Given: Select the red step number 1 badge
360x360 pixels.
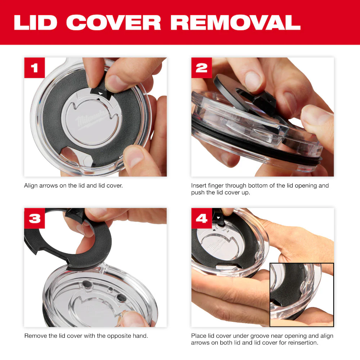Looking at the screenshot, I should [x=35, y=68].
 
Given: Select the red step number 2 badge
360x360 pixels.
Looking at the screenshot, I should [x=202, y=68].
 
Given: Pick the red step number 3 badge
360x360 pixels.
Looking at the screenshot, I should [x=35, y=218].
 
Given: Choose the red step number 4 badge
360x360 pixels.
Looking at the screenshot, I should [x=202, y=218].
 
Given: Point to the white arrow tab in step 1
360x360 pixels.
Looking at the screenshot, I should [x=100, y=93].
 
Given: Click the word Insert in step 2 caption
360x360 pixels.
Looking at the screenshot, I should [x=199, y=186].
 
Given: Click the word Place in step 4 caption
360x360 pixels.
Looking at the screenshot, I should [x=198, y=336].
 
